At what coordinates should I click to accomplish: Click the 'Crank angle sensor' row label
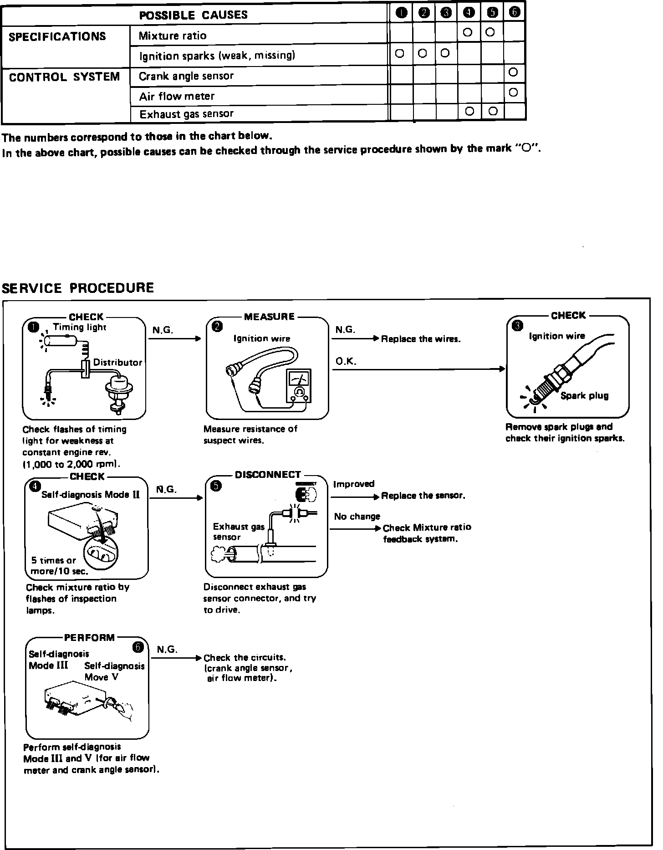click(186, 76)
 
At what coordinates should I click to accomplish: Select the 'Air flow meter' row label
click(177, 96)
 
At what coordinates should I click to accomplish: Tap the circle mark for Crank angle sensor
click(513, 72)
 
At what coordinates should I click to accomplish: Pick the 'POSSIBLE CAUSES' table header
click(194, 15)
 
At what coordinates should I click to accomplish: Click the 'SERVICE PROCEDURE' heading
click(78, 288)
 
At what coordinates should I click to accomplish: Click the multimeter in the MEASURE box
click(299, 386)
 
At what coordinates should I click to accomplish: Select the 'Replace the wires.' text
click(421, 339)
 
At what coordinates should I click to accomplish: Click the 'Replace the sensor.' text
click(423, 496)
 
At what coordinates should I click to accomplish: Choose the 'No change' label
click(357, 516)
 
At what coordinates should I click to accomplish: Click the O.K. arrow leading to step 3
click(418, 369)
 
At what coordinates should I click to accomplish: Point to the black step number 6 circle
click(138, 647)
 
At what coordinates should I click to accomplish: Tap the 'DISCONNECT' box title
click(268, 475)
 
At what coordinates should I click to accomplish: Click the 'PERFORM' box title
click(89, 637)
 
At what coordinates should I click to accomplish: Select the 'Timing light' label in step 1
click(80, 327)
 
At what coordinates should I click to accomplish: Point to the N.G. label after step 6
click(167, 649)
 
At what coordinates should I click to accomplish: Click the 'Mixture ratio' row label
click(173, 36)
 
